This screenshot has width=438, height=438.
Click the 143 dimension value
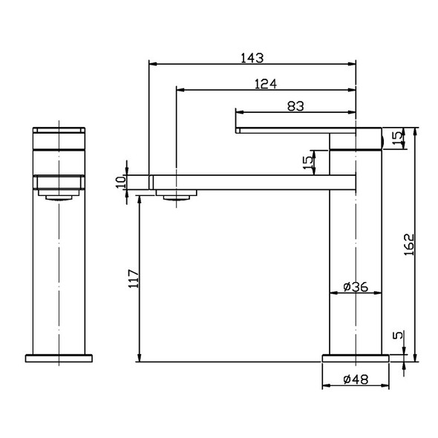point(252,58)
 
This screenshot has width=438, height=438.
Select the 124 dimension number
point(266,84)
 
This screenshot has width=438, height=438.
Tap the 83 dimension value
point(295,106)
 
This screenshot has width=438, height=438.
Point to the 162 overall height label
point(409,244)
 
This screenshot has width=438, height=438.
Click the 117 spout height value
point(134,279)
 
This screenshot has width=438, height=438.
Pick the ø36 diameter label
point(356,287)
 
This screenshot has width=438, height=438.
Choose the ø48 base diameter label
point(356,379)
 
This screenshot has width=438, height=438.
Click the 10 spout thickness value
point(121,183)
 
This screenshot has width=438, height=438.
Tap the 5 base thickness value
point(398,335)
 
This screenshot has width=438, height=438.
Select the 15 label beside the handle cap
point(398,138)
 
